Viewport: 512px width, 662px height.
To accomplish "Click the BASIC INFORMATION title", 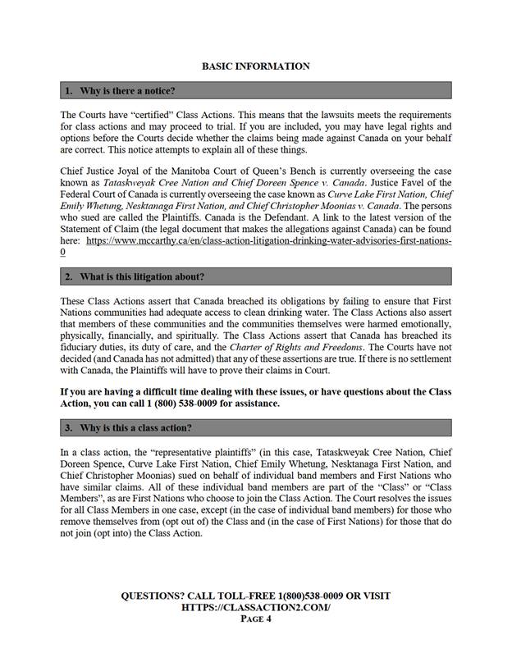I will pos(255,66).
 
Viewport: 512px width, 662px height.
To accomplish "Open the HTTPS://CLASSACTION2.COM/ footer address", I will pos(255,607).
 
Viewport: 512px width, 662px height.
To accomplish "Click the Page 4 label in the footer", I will pos(255,619).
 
